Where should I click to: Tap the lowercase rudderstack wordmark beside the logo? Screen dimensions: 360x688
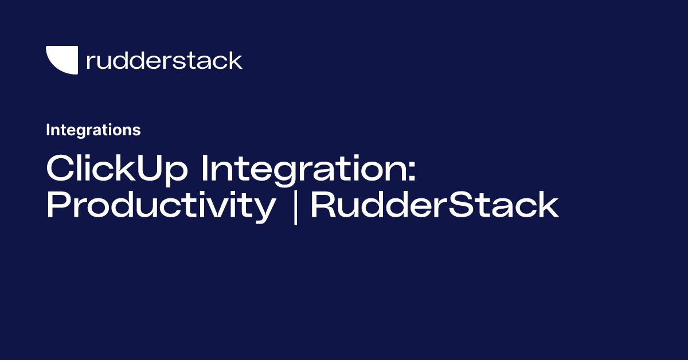(x=164, y=60)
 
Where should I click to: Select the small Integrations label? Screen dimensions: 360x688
(x=93, y=130)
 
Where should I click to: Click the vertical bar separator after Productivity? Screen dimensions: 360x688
(x=295, y=206)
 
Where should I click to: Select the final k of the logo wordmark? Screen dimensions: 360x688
(x=236, y=60)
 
